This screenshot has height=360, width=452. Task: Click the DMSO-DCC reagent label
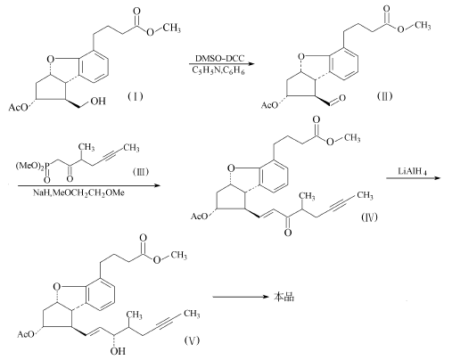[x=219, y=58]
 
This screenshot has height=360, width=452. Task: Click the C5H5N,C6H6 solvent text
[x=218, y=70]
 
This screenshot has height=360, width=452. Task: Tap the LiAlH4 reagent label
[x=412, y=171]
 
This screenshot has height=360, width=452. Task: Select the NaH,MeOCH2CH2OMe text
[x=78, y=192]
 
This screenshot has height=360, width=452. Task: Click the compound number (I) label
[x=136, y=96]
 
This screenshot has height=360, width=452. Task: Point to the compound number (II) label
[x=384, y=96]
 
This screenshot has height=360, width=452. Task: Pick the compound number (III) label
[x=140, y=172]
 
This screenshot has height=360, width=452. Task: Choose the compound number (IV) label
[x=369, y=217]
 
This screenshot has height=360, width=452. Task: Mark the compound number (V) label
[x=192, y=340]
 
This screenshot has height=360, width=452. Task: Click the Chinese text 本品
[x=284, y=297]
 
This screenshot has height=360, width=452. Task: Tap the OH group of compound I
[x=98, y=102]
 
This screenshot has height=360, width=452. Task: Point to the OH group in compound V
[x=118, y=351]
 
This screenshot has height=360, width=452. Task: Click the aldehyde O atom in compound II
[x=341, y=98]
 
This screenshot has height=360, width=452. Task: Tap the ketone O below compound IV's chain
[x=288, y=233]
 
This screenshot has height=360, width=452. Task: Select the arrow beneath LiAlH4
[x=413, y=178]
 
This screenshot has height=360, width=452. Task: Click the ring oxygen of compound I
[x=51, y=60]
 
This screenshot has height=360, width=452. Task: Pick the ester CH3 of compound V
[x=178, y=256]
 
